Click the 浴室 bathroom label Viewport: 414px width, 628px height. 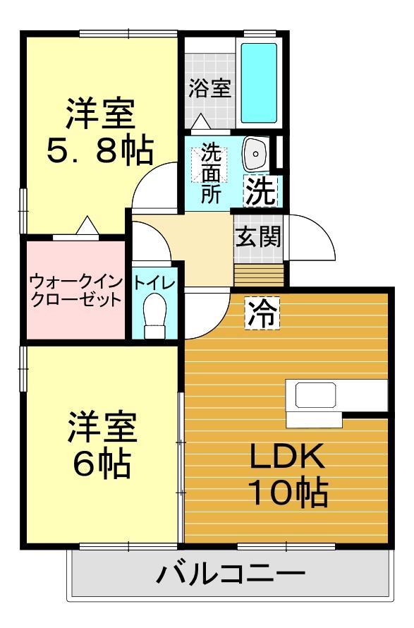210,89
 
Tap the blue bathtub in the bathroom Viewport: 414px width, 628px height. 259,83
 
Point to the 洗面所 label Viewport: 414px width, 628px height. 210,174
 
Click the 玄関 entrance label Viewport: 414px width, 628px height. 258,236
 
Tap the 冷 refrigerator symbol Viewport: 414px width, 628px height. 262,311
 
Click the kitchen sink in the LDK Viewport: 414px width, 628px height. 315,395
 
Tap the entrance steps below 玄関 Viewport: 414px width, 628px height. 258,272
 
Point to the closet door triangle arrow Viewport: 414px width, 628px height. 86,227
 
